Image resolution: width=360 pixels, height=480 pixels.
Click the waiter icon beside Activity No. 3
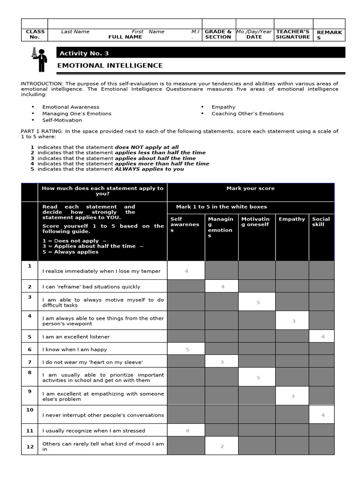tap(39, 59)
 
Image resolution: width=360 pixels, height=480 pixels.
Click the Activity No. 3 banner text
tap(84, 53)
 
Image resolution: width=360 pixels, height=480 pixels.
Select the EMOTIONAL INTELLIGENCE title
tap(110, 66)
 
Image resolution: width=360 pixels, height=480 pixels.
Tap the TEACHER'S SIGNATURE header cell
tap(293, 34)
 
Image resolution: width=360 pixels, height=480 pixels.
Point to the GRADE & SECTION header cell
tap(218, 34)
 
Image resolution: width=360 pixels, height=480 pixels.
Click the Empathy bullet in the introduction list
tap(224, 107)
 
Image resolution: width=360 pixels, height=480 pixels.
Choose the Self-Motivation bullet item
tap(62, 120)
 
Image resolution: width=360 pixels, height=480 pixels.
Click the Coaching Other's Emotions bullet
tap(247, 113)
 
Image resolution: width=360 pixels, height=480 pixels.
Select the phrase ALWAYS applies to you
tap(150, 169)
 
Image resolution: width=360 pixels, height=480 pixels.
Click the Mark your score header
tap(250, 188)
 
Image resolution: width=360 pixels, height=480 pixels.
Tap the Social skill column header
tap(321, 222)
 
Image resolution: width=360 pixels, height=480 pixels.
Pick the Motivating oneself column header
tap(255, 222)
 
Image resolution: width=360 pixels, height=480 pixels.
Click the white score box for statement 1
tap(186, 271)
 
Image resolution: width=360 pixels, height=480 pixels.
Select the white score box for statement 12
tap(222, 446)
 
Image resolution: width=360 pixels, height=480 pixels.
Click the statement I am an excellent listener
tap(76, 337)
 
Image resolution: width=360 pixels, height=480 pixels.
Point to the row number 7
tap(30, 362)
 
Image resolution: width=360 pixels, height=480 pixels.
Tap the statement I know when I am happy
tap(75, 349)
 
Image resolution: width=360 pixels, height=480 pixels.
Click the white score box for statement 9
tap(292, 396)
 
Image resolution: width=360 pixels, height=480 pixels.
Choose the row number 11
tap(30, 430)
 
